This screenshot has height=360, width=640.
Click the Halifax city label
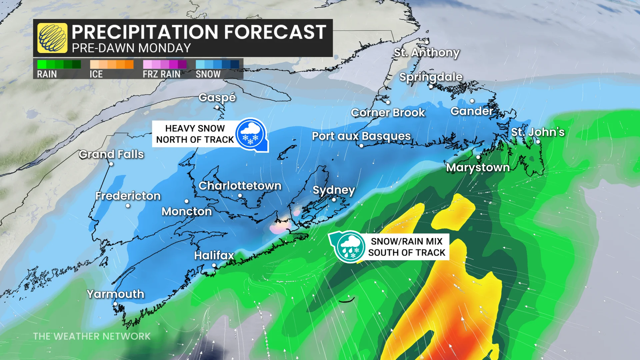coord(214,255)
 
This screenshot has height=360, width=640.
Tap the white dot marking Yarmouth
coord(115,304)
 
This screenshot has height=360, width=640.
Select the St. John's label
coord(538,132)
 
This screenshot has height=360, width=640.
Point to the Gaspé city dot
coord(217,107)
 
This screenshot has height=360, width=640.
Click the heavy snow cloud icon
coord(251,134)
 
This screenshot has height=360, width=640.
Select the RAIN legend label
coord(47,74)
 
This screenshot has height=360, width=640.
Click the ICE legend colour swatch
coord(112,64)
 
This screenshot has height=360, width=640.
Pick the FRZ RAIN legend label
coord(162,74)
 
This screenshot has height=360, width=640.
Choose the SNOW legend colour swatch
coord(217,64)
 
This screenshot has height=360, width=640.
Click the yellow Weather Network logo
coord(52,38)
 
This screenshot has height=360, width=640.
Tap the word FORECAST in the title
coord(275,32)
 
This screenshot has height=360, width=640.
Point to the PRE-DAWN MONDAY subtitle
coord(131,48)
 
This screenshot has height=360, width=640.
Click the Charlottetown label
coord(240,186)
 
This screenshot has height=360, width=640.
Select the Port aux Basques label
coord(361,136)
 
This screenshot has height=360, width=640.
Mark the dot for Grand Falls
coord(111,164)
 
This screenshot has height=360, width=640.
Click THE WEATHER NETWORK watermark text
coord(92,336)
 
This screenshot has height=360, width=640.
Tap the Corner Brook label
coord(388,113)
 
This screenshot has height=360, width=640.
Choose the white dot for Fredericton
coord(128,206)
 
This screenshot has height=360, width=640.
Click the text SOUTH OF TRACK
coord(407,253)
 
